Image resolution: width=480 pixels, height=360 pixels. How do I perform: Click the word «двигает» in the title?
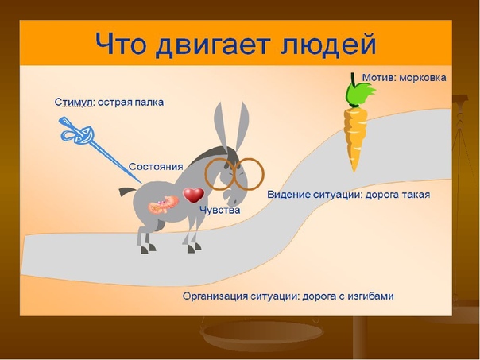(x=213, y=45)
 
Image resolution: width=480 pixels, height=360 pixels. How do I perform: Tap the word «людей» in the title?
(x=327, y=45)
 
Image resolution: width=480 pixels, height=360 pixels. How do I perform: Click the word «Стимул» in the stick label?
(x=73, y=102)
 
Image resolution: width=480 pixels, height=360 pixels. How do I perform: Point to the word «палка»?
(x=149, y=102)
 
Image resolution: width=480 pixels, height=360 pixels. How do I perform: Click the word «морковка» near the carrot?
(x=423, y=78)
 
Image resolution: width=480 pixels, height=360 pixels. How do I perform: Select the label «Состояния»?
(x=156, y=167)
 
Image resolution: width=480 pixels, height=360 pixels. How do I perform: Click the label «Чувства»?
(x=219, y=211)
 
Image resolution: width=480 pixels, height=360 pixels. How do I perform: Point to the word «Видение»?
(x=288, y=195)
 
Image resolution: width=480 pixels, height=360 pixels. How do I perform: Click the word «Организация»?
(x=215, y=296)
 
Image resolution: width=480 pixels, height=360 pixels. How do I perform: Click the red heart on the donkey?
(x=193, y=195)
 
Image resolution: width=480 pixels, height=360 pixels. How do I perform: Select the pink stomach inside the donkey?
(x=164, y=205)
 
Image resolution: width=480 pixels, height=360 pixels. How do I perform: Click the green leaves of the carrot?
(x=360, y=93)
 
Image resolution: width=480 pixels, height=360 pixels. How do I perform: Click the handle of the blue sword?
(x=75, y=131)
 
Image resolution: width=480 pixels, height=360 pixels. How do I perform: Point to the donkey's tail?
(x=126, y=192)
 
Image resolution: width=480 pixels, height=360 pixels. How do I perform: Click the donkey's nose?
(x=233, y=199)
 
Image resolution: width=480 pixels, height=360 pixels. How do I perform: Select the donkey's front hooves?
(x=194, y=247)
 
